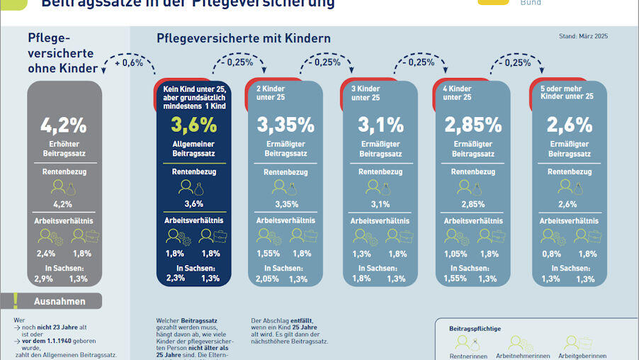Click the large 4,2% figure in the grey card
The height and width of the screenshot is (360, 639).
click(x=63, y=125)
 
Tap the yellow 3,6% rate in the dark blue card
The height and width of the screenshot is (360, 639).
click(x=193, y=125)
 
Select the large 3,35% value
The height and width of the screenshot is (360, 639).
click(x=285, y=125)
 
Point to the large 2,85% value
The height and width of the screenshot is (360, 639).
click(x=473, y=125)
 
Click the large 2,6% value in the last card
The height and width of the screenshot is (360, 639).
click(x=570, y=125)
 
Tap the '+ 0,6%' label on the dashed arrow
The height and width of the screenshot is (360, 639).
click(x=129, y=62)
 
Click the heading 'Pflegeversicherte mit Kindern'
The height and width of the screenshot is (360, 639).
click(x=243, y=38)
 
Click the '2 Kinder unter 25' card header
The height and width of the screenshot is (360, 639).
click(x=272, y=93)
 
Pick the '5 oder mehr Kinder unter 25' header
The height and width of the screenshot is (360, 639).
click(x=567, y=93)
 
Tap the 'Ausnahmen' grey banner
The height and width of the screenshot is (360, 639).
click(x=60, y=301)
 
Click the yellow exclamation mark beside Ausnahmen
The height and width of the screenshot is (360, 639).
click(x=14, y=300)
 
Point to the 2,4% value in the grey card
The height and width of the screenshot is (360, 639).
click(x=47, y=254)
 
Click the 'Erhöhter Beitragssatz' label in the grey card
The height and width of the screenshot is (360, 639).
click(x=64, y=149)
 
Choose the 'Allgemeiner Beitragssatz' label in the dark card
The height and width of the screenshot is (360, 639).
click(x=193, y=149)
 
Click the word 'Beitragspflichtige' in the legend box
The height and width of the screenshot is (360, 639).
click(x=476, y=329)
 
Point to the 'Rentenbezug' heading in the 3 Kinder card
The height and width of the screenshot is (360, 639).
click(x=380, y=172)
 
